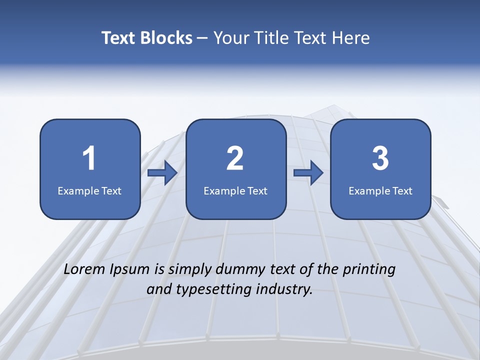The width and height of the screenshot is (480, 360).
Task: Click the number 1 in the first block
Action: coord(89,158)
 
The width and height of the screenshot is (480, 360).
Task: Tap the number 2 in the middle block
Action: coord(235,158)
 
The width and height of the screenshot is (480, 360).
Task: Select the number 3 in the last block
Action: coord(380,158)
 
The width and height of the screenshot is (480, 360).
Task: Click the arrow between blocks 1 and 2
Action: coord(162,172)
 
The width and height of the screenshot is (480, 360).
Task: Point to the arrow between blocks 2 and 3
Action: coord(308,172)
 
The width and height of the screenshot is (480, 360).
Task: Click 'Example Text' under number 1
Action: coord(89,190)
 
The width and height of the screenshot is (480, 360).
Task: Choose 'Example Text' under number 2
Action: coord(235,190)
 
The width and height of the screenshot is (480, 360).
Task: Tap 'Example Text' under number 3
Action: coord(380,190)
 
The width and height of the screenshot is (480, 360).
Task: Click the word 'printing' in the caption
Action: coord(369,270)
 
